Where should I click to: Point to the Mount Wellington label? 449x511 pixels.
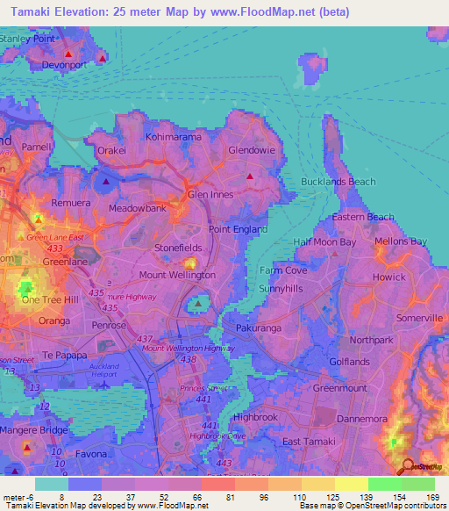tap(177, 275)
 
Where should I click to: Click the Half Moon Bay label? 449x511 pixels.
tap(324, 241)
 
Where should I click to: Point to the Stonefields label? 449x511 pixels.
tap(178, 248)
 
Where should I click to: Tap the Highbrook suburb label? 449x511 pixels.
tap(255, 417)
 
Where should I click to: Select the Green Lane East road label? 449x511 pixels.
tap(54, 237)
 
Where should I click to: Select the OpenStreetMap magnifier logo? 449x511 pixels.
tap(407, 467)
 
